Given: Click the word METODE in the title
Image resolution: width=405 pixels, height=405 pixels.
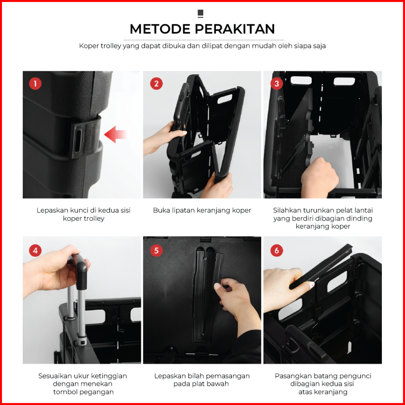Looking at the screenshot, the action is [x=161, y=29].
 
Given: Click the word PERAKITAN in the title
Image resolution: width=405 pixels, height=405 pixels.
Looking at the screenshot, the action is [x=235, y=29].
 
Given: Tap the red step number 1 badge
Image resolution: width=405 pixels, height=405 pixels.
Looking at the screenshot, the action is [x=35, y=83].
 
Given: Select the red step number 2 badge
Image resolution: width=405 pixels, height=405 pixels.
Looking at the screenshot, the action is [x=156, y=83].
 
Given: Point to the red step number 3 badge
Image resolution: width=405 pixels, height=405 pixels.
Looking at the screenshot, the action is [x=277, y=83].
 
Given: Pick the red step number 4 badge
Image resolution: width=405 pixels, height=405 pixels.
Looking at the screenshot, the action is [x=35, y=250].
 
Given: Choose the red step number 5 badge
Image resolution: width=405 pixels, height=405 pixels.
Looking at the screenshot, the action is [x=156, y=250].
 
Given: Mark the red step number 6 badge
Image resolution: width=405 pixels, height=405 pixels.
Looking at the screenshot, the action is [x=277, y=250].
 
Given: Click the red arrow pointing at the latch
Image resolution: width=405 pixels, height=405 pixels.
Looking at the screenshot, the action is [x=116, y=135].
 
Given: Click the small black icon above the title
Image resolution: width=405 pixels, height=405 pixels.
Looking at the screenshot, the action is [x=201, y=14].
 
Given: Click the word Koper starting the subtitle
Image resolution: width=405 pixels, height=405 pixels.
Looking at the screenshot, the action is [x=89, y=46].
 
